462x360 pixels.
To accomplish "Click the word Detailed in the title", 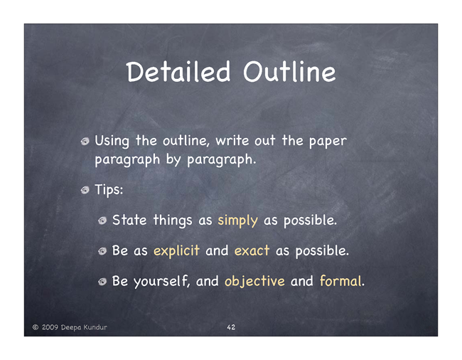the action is pyautogui.click(x=178, y=72).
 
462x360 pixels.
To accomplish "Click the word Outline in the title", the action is pyautogui.click(x=289, y=72).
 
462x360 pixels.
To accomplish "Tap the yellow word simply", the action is pyautogui.click(x=237, y=221).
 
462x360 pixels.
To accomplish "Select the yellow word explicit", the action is pyautogui.click(x=176, y=251).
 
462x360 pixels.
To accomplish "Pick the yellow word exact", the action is pyautogui.click(x=252, y=251).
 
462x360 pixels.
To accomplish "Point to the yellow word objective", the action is pyautogui.click(x=254, y=281).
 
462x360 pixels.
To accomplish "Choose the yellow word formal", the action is pyautogui.click(x=340, y=281).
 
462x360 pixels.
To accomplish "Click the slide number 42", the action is pyautogui.click(x=231, y=327).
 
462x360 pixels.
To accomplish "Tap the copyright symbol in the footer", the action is pyautogui.click(x=36, y=327).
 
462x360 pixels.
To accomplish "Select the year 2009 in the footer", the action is pyautogui.click(x=50, y=327).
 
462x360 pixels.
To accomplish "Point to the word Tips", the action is pyautogui.click(x=109, y=190).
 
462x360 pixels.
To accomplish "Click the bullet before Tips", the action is pyautogui.click(x=85, y=190).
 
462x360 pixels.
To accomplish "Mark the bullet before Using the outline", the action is pyautogui.click(x=85, y=142).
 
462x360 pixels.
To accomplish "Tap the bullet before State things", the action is pyautogui.click(x=102, y=221).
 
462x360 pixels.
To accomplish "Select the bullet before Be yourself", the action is pyautogui.click(x=102, y=282).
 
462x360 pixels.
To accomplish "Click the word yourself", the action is pyautogui.click(x=161, y=281).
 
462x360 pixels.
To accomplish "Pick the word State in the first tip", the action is pyautogui.click(x=129, y=221).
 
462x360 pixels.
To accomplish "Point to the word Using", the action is pyautogui.click(x=112, y=142).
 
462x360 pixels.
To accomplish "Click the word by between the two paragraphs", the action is pyautogui.click(x=173, y=160).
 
